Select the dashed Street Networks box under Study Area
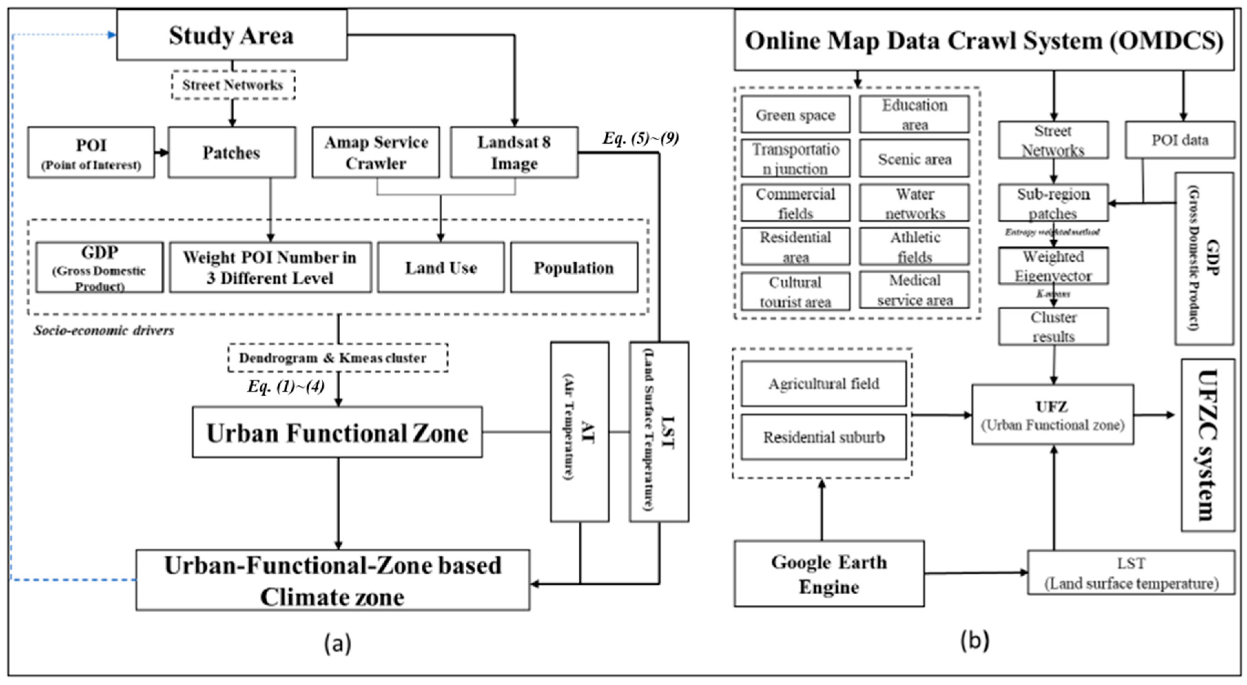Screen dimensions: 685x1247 pyautogui.click(x=233, y=85)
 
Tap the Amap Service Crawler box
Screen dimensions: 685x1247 pyautogui.click(x=375, y=153)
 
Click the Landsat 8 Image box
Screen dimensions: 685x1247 pyautogui.click(x=514, y=153)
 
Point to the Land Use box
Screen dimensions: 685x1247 pyautogui.click(x=441, y=268)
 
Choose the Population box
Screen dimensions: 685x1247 pyautogui.click(x=574, y=268)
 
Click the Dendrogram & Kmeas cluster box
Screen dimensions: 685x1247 pyautogui.click(x=337, y=358)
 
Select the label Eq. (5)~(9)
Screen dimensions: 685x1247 pyautogui.click(x=640, y=139)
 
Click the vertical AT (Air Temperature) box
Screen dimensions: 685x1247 pyautogui.click(x=579, y=432)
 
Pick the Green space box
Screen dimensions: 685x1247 pyautogui.click(x=795, y=115)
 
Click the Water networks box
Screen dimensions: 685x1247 pyautogui.click(x=914, y=203)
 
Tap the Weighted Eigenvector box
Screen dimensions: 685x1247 pyautogui.click(x=1053, y=266)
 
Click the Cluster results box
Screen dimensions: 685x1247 pyautogui.click(x=1053, y=326)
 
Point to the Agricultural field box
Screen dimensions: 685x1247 pyautogui.click(x=823, y=384)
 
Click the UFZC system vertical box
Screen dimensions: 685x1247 pyautogui.click(x=1207, y=445)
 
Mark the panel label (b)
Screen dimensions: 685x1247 pyautogui.click(x=974, y=641)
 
